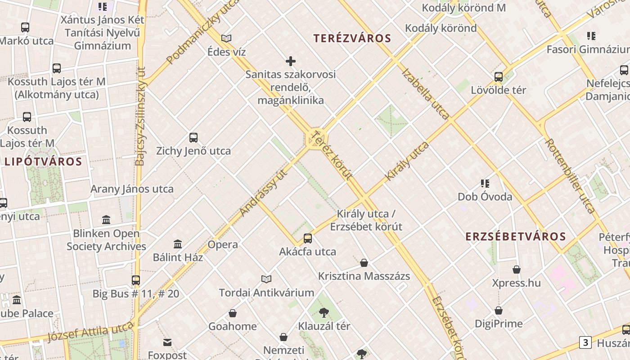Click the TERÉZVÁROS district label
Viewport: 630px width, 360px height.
pyautogui.click(x=353, y=38)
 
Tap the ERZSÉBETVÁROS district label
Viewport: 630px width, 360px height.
pyautogui.click(x=515, y=237)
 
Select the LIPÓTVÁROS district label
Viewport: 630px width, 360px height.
pyautogui.click(x=43, y=162)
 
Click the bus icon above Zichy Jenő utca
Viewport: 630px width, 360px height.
pyautogui.click(x=193, y=138)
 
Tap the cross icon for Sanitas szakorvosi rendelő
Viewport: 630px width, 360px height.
pyautogui.click(x=291, y=61)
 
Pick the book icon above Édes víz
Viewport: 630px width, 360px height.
pyautogui.click(x=226, y=39)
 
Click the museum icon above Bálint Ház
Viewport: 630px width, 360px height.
pyautogui.click(x=178, y=244)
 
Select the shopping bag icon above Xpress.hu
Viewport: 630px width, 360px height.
pyautogui.click(x=517, y=270)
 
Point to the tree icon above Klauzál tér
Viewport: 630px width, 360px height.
pyautogui.click(x=324, y=312)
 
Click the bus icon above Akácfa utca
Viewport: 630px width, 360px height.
pyautogui.click(x=308, y=238)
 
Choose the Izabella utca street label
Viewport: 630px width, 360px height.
pyautogui.click(x=425, y=94)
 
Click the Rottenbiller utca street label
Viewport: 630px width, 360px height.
pyautogui.click(x=570, y=175)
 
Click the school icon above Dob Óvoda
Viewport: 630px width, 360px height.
pyautogui.click(x=485, y=184)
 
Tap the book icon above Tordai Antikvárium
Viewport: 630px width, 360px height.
pyautogui.click(x=266, y=279)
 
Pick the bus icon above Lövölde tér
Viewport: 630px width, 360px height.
pyautogui.click(x=499, y=77)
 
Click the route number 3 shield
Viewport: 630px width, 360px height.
pyautogui.click(x=585, y=342)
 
